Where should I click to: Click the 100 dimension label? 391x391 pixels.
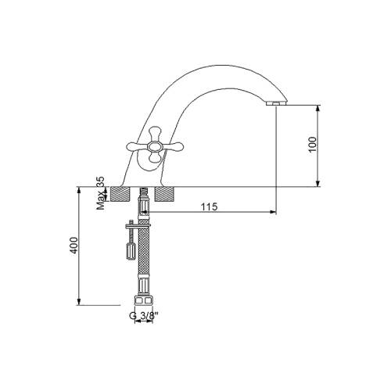pos(313,144)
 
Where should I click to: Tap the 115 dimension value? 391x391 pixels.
pos(209,206)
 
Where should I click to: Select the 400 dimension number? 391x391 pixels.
pos(74,246)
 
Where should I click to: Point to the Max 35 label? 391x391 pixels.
pos(100,193)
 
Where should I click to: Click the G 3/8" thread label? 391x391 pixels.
pos(144,316)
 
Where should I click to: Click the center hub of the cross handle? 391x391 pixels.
pos(155,147)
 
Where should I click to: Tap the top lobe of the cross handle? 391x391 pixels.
pos(156,133)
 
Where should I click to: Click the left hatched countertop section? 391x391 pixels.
pos(120,194)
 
